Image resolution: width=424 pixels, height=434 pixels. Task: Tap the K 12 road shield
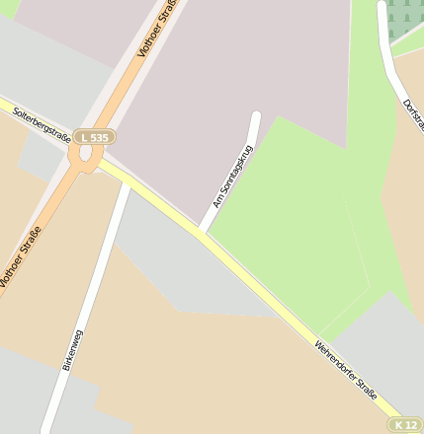click(404, 424)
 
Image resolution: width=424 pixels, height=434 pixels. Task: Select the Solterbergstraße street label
click(41, 127)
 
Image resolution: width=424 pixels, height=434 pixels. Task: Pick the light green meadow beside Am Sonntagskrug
click(287, 227)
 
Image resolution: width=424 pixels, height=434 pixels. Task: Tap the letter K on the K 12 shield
click(398, 424)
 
